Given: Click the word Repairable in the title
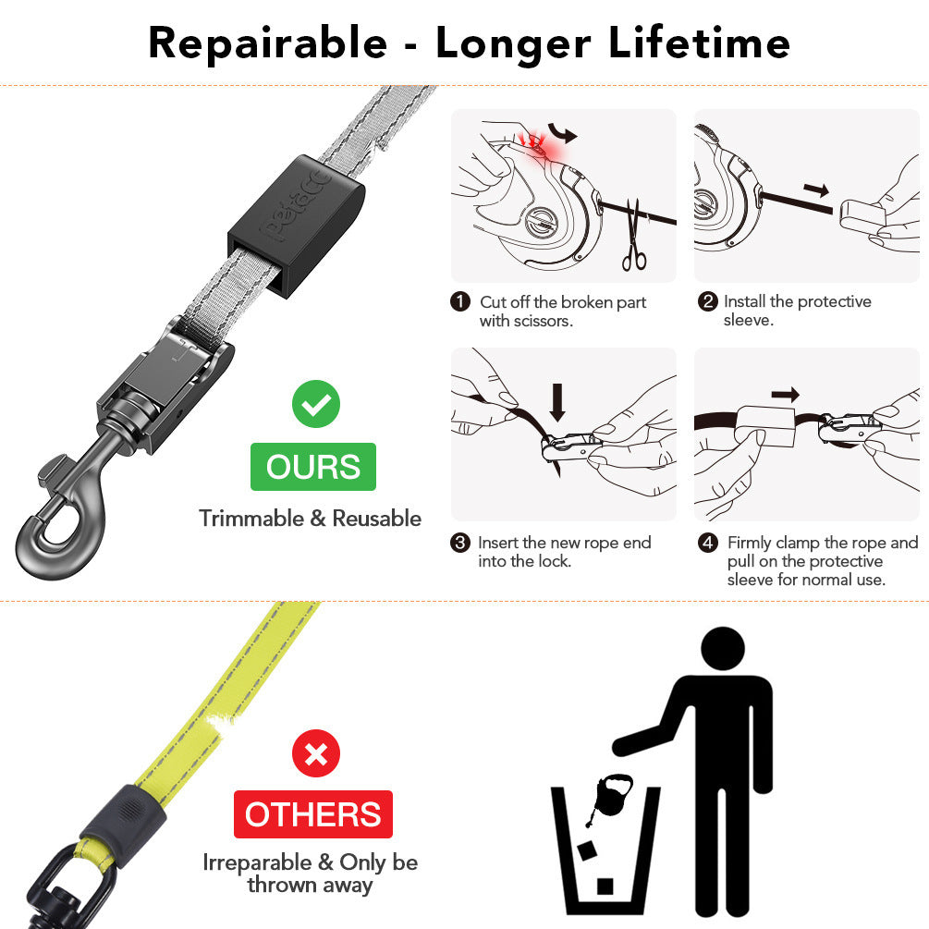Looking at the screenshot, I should coord(267,43).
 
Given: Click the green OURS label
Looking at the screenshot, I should coord(313,467).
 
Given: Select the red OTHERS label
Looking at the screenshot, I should coord(312,814).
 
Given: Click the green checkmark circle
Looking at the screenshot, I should coord(316,404).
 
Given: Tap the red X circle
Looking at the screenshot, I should coord(316,753).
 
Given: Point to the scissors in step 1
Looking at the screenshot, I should coord(634,236).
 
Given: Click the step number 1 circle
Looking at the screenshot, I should coord(460,302).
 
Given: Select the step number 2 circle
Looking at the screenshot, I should coord(708,302).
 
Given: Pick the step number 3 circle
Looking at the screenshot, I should coord(460,543).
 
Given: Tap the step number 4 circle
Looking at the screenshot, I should coord(708,543).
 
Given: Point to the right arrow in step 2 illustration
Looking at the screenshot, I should coord(815,189).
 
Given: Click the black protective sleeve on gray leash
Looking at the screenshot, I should coord(294,222).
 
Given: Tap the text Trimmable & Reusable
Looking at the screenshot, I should coord(310,519).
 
